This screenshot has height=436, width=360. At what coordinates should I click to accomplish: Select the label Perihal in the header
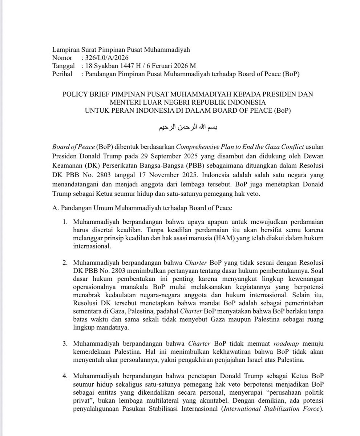tap(62, 74)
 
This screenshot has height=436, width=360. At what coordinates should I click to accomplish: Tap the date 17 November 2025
tap(174, 174)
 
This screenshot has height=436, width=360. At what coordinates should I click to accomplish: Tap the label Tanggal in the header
tap(63, 66)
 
